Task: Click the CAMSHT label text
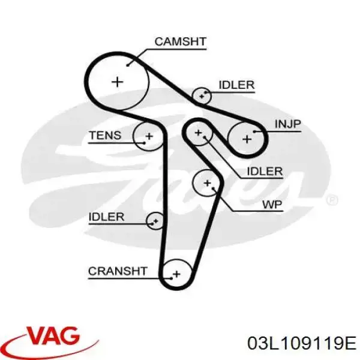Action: point(181,41)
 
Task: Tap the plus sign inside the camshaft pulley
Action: point(118,82)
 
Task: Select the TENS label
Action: point(105,135)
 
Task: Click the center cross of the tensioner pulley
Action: point(149,136)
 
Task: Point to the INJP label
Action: point(287,124)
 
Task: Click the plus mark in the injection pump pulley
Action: point(247,139)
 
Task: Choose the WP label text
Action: point(272,205)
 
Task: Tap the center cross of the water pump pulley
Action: point(208,183)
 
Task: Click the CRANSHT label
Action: point(118,271)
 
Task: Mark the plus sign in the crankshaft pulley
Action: point(176,274)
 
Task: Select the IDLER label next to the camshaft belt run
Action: point(237,85)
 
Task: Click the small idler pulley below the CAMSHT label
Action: point(202,96)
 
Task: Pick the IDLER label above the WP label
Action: point(265,172)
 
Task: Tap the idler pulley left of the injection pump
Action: point(199,133)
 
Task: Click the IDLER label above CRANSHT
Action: point(107,217)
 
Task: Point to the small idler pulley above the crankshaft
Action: point(155,221)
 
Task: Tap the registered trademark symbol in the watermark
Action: point(332,200)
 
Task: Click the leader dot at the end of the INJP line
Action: point(254,131)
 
